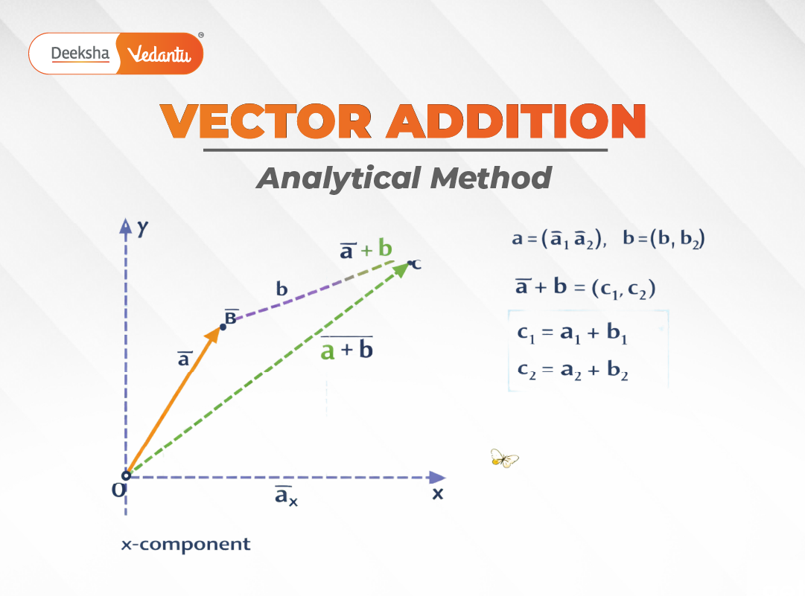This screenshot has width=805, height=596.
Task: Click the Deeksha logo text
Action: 80,54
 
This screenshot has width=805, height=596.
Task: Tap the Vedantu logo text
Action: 160,54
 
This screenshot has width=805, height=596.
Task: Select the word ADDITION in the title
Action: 514,121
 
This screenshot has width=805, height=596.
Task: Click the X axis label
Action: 438,493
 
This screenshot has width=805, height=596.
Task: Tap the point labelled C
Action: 410,263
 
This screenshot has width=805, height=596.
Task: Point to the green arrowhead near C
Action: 400,269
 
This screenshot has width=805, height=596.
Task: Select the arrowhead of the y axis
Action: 126,225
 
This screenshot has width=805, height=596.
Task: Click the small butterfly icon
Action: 503,458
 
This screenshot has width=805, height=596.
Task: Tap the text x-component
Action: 185,545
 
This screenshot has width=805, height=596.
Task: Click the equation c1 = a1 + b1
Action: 572,334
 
